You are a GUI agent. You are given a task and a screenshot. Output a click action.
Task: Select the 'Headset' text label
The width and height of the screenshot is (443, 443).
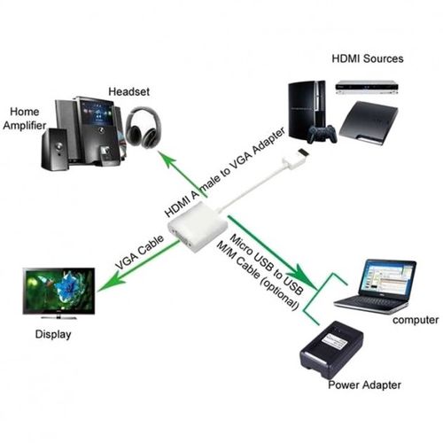point(129,91)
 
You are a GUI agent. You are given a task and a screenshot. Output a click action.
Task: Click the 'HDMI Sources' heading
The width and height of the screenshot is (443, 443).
point(368,59)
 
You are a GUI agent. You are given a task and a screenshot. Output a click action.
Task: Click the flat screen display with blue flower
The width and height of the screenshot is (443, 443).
point(60,290)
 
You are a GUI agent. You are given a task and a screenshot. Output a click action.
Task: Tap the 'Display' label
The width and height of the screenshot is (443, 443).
point(53,336)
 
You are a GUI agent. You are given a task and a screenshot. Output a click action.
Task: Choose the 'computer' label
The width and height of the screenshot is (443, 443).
point(416,320)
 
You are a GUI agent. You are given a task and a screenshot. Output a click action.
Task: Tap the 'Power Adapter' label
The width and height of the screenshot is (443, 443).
point(364,385)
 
